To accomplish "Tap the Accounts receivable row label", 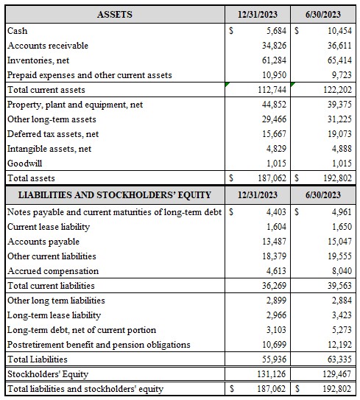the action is coord(47,46).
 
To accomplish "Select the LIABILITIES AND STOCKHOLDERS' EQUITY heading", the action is coord(114,195).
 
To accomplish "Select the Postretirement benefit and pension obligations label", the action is coord(99,345).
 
